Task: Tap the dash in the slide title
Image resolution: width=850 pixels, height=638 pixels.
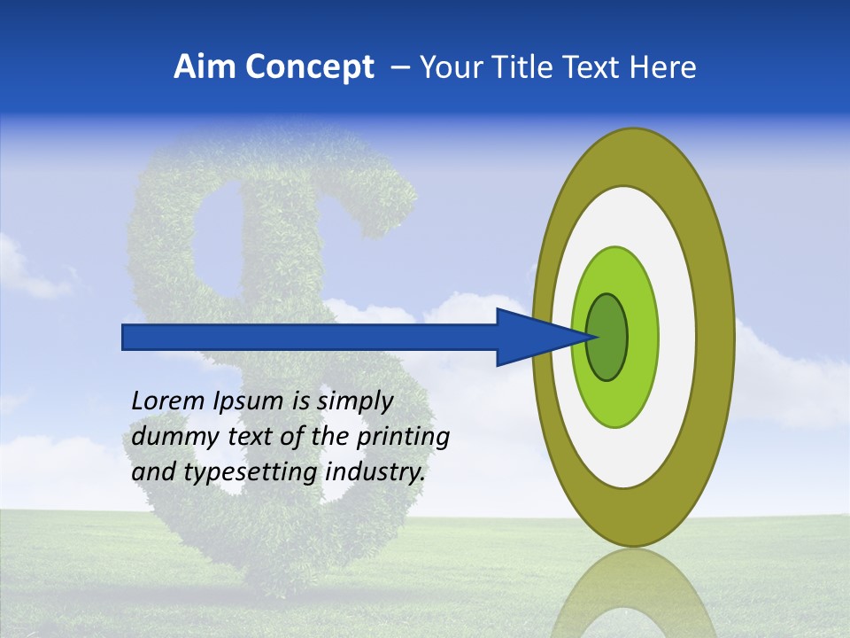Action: (x=399, y=67)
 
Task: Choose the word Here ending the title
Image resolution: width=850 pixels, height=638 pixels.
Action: (x=665, y=67)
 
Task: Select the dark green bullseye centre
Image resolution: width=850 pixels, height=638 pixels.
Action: (x=607, y=337)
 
